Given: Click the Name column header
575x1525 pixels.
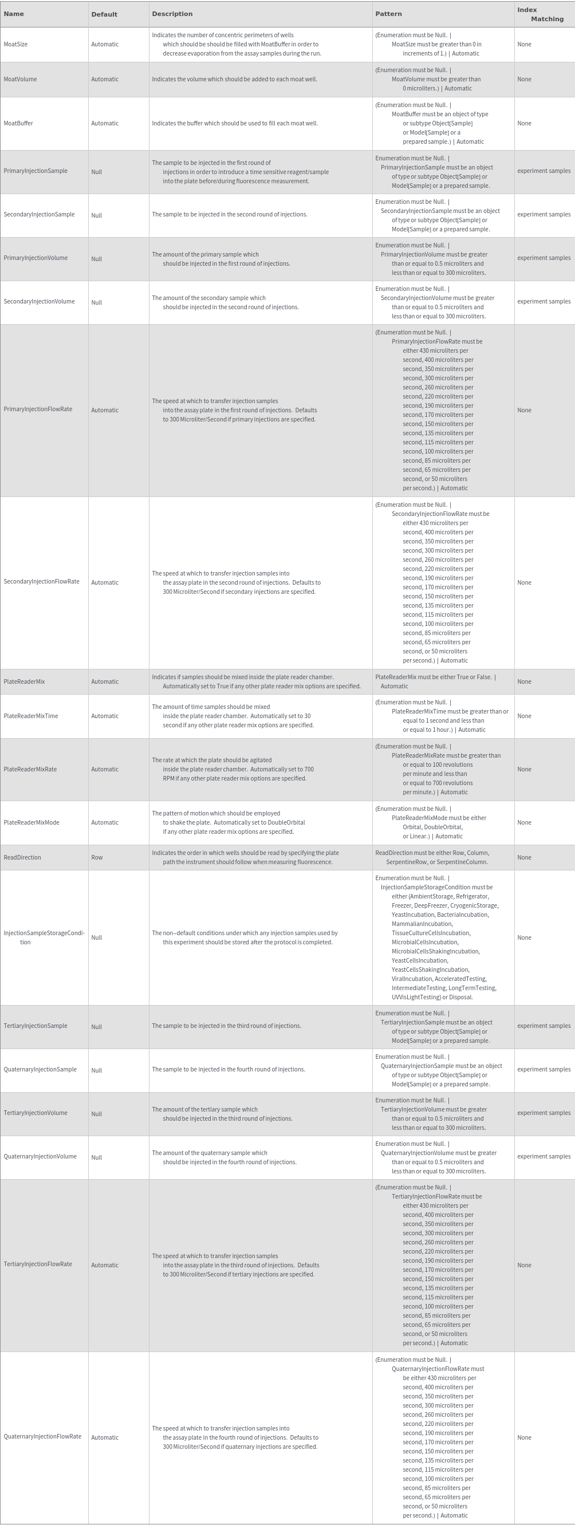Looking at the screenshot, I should [x=14, y=14].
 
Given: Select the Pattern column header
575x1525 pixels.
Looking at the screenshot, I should [x=388, y=14].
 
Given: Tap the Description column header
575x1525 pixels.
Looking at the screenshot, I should [x=172, y=14].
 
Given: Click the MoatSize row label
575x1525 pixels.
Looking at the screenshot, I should [x=15, y=45].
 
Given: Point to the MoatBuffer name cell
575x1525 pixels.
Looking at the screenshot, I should [x=18, y=123].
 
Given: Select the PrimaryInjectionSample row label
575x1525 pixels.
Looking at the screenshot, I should [x=36, y=171].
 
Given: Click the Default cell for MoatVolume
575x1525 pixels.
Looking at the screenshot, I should [x=105, y=80].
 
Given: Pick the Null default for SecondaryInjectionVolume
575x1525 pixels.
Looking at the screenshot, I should [x=97, y=302].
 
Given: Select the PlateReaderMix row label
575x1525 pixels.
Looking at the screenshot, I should [x=24, y=681].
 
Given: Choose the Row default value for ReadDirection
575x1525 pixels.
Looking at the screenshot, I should [x=97, y=857].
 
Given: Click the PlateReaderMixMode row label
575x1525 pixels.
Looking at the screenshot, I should [x=31, y=822].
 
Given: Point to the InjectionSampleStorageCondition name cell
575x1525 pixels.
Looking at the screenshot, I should [x=44, y=937].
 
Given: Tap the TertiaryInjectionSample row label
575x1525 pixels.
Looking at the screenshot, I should [x=36, y=1026].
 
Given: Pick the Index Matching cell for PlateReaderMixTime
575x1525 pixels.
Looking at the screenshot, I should [x=524, y=716].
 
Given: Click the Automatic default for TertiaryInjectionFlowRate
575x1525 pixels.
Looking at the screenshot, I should [x=105, y=1265].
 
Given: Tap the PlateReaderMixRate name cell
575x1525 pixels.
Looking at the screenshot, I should [x=30, y=769].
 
